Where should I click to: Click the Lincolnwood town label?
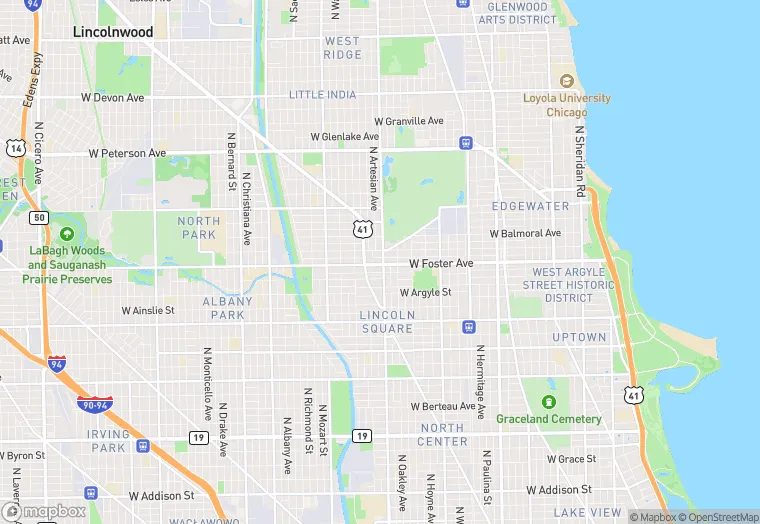(x=113, y=32)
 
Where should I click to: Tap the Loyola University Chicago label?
(x=567, y=105)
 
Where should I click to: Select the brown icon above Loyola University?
(x=567, y=81)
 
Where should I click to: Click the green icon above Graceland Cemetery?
(x=548, y=387)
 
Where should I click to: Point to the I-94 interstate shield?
(x=58, y=363)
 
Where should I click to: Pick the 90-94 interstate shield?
(x=95, y=403)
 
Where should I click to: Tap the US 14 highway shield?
(x=14, y=148)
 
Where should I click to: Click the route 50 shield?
(x=39, y=217)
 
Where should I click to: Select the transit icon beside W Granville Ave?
(x=465, y=143)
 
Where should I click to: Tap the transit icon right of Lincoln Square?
(x=467, y=327)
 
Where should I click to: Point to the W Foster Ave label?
(x=441, y=263)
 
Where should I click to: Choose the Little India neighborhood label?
(x=322, y=95)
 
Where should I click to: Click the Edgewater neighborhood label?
(x=530, y=206)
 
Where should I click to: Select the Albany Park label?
(x=228, y=307)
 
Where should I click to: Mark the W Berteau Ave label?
(x=443, y=406)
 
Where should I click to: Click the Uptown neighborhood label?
(x=579, y=338)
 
